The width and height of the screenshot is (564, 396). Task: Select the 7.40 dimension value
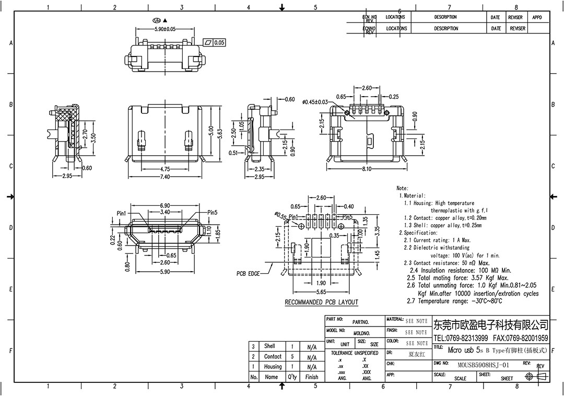(x=164, y=177)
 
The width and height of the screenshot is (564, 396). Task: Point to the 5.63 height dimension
(x=220, y=133)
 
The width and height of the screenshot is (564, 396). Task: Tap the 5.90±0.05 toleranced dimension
(x=164, y=29)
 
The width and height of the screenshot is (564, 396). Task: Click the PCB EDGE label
(x=248, y=273)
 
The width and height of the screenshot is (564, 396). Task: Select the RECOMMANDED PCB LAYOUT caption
(x=321, y=302)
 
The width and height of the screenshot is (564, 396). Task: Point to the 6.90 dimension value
(x=164, y=206)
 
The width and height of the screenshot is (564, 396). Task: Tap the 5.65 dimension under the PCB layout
(x=321, y=292)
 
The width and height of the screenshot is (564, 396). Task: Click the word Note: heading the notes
(x=402, y=188)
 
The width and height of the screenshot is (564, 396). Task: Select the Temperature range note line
(x=454, y=301)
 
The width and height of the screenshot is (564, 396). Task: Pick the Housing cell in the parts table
(x=273, y=366)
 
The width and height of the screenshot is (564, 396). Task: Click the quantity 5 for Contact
(x=292, y=356)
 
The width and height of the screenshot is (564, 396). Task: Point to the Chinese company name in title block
(x=490, y=325)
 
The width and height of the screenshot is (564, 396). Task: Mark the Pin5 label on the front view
(x=212, y=213)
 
